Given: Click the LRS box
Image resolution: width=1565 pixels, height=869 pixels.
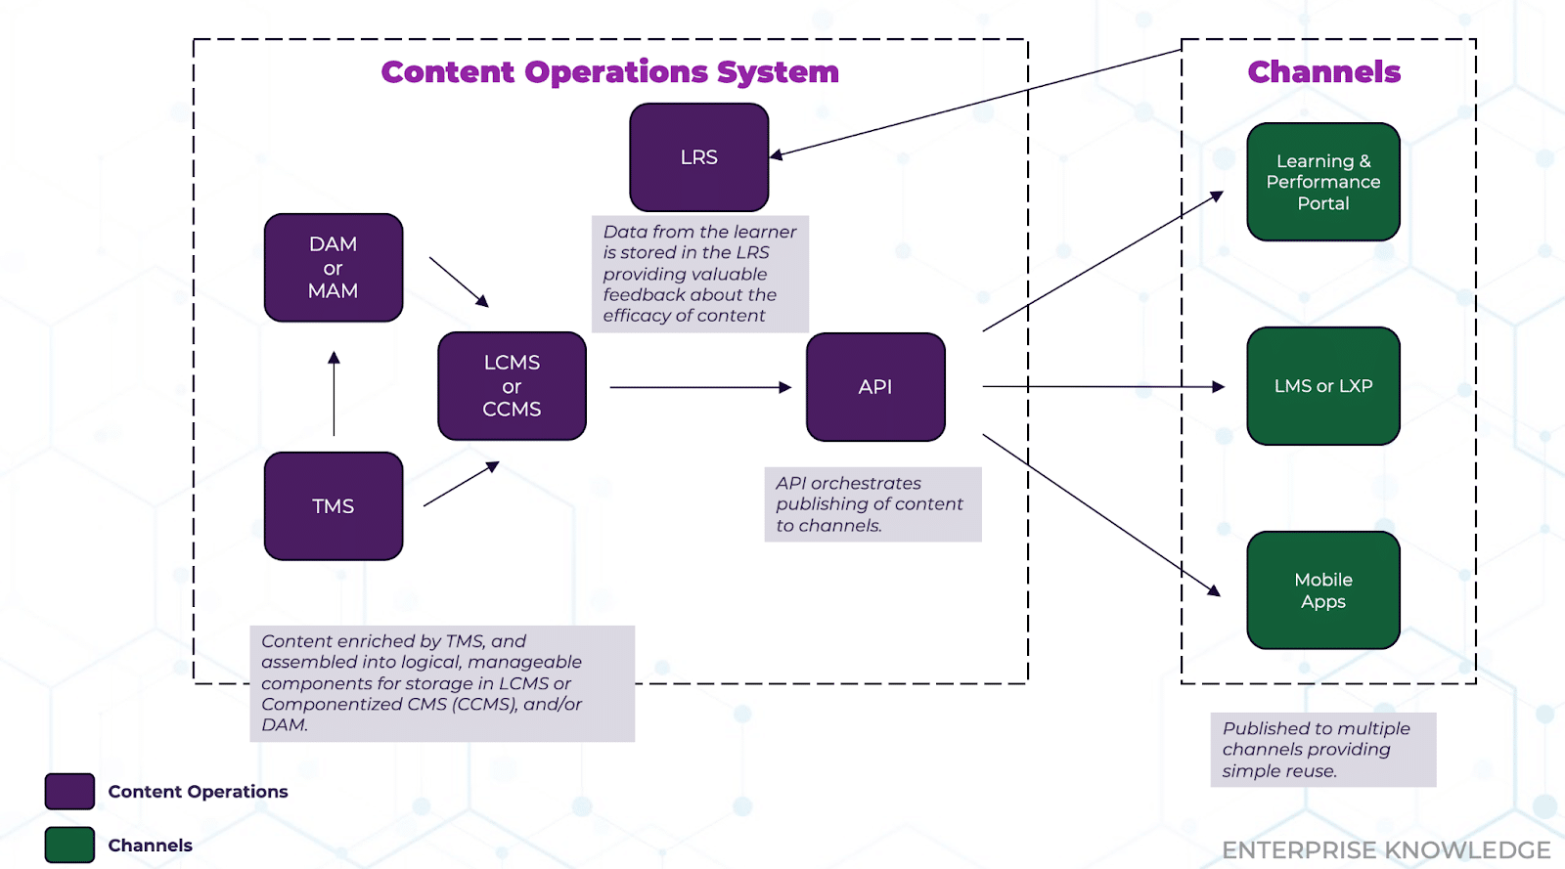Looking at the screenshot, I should coord(698,157).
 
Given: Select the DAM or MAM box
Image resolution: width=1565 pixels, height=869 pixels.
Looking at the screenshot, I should coord(334,268).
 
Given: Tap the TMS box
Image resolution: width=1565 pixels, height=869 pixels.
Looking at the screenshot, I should coord(334,506).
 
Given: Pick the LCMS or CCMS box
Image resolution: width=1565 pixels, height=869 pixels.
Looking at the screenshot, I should coord(512,386).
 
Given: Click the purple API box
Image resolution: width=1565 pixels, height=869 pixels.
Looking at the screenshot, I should coord(875,387).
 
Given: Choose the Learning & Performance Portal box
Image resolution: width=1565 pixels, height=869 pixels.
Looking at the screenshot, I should coord(1322,182).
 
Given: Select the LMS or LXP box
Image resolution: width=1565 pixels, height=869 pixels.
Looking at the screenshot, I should coord(1322,386).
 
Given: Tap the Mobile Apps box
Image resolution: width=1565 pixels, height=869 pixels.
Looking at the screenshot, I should coord(1322,590).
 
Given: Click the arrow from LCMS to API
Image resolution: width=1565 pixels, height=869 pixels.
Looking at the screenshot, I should coord(699,387).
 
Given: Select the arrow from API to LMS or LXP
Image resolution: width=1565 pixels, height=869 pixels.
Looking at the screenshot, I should coord(1102,387).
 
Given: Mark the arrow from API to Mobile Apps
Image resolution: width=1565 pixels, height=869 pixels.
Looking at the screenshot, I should coord(1100,514).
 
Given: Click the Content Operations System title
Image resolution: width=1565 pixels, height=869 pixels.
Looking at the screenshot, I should coord(609,72).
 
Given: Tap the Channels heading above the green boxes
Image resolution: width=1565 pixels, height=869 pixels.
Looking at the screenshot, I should coord(1323,72).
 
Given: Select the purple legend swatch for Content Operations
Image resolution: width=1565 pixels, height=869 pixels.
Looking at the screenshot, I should coord(69,792).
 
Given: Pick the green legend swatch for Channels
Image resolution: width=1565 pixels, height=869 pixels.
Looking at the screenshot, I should coord(69,845).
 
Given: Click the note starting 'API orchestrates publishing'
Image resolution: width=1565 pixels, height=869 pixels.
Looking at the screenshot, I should coord(872,504).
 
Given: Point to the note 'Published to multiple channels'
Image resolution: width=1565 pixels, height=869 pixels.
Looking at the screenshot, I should coord(1322,750).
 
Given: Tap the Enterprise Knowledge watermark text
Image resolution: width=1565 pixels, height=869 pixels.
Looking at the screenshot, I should coord(1386,850).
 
